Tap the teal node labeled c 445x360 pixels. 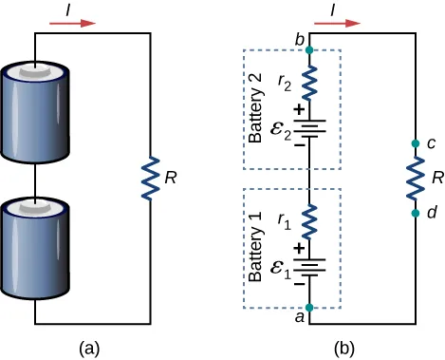[415, 145]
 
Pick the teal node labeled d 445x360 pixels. [415, 214]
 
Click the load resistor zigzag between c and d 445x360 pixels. [415, 180]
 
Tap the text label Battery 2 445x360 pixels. [255, 110]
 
